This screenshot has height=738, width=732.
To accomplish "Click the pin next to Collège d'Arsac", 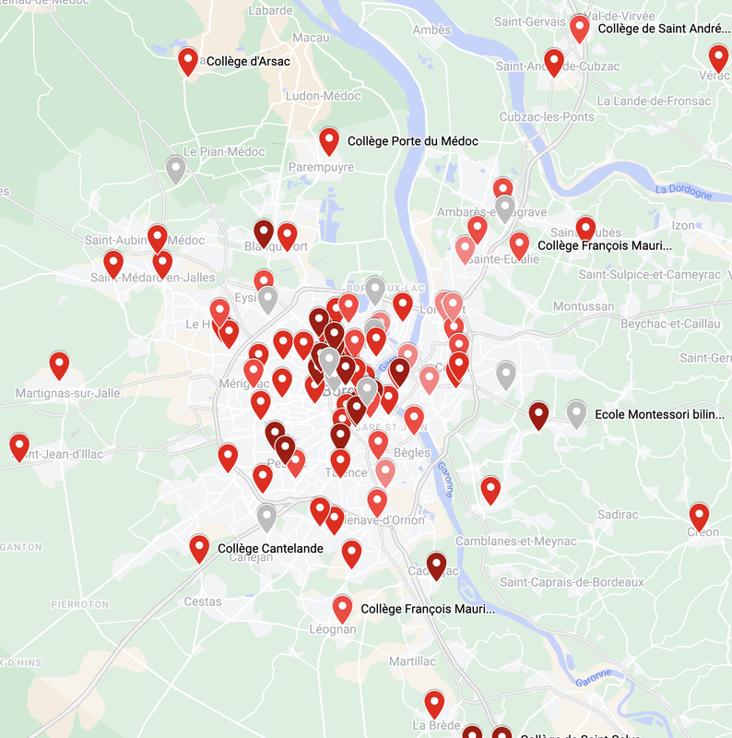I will click(x=188, y=61).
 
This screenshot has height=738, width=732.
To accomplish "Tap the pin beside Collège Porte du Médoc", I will click(x=329, y=140).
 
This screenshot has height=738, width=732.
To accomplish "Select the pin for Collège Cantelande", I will click(x=199, y=548).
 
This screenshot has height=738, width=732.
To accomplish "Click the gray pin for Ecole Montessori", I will click(x=576, y=413).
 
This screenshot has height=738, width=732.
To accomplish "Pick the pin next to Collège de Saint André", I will click(x=580, y=28).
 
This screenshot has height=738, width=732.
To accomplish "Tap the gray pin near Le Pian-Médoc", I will click(x=176, y=168).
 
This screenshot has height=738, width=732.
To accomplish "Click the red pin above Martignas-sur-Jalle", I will click(x=59, y=364).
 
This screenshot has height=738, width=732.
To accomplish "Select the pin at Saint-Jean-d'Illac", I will click(x=19, y=447).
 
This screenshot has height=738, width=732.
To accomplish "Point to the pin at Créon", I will click(x=700, y=517).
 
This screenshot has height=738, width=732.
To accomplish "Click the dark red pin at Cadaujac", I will click(x=437, y=565).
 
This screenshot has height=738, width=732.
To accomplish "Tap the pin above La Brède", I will click(x=434, y=704).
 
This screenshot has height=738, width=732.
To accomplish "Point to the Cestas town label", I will click(x=203, y=601).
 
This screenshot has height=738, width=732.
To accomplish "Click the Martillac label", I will click(x=412, y=661).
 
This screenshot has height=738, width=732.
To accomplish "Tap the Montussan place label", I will click(x=584, y=306).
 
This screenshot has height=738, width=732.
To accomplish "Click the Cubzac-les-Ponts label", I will click(x=547, y=117).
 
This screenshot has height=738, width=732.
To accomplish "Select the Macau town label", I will click(x=311, y=37).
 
